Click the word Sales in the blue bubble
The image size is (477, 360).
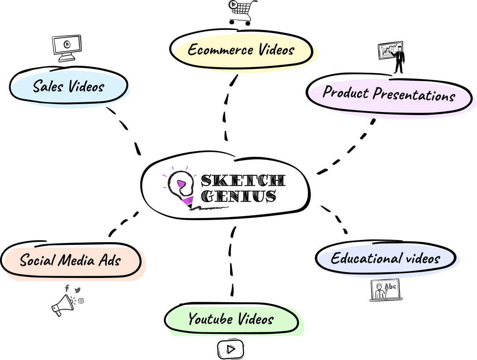pos(48,86)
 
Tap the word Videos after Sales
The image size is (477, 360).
pos(86,86)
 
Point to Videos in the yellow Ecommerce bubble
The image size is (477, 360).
pos(276,49)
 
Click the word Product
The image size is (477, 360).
pos(346,92)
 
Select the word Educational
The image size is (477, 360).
pos(366,258)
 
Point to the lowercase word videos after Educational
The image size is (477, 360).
pos(423,258)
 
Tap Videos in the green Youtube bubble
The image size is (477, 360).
pos(256,319)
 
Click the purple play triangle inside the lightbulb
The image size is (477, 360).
pos(181,184)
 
